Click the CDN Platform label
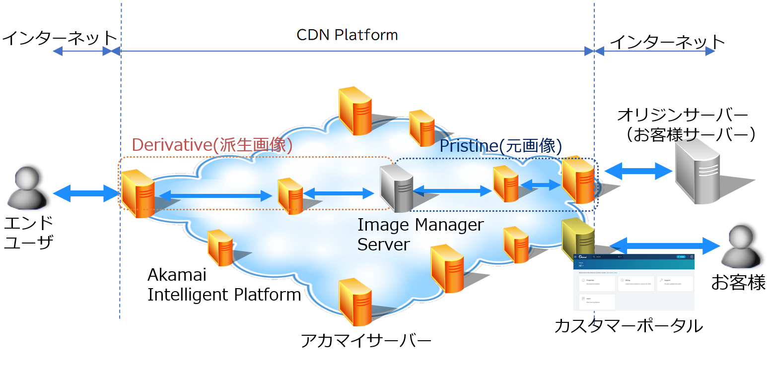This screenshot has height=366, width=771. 347,35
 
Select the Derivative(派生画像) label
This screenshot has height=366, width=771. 211,145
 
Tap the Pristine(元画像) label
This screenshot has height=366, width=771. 500,146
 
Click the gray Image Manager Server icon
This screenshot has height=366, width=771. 396,189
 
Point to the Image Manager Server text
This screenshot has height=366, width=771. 420,234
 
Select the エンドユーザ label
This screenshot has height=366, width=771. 28,232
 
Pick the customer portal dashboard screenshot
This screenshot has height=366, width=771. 633,283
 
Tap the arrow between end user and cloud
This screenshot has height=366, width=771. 86,193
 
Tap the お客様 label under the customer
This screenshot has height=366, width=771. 738,283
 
